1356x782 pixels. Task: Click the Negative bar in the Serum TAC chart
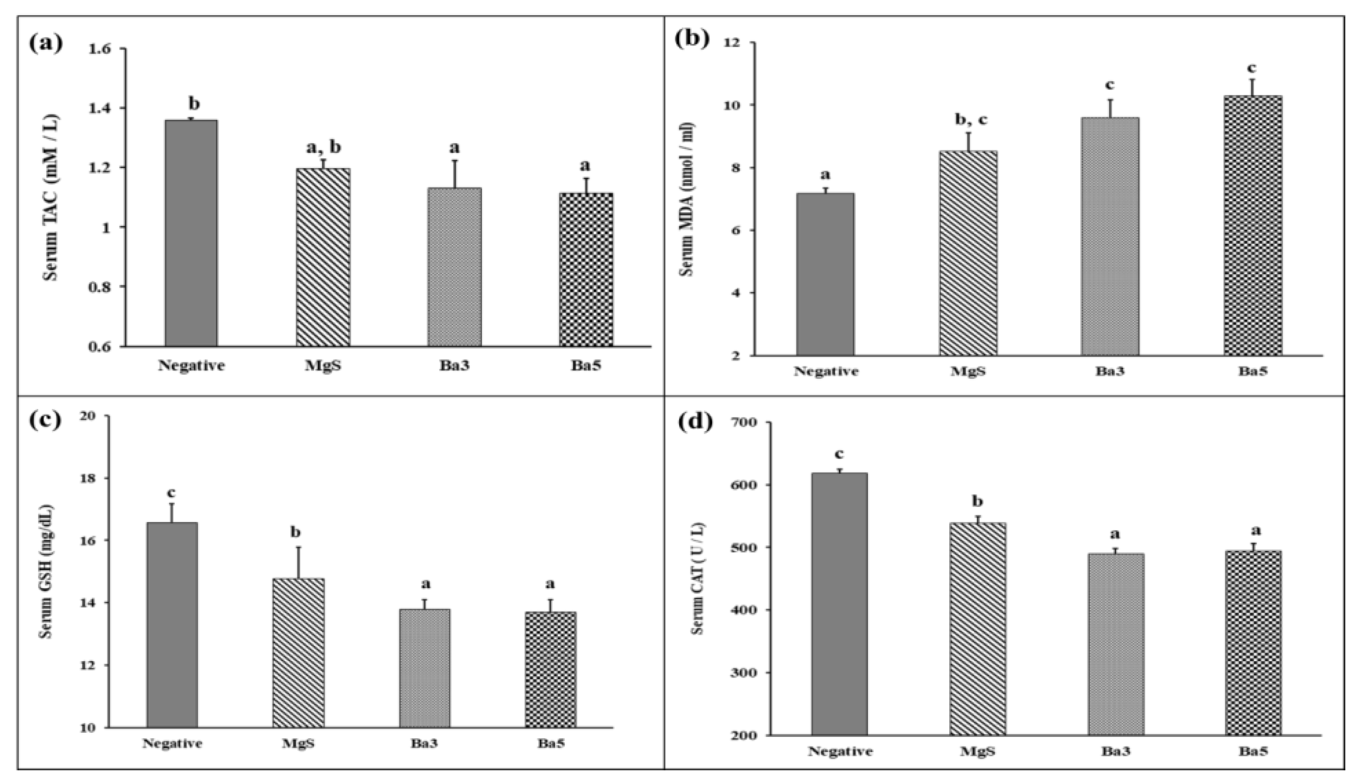(x=191, y=233)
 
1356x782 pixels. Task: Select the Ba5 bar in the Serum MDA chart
(x=1253, y=225)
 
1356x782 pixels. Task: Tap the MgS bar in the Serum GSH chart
(x=299, y=653)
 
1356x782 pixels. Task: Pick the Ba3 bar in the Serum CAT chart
(x=1116, y=644)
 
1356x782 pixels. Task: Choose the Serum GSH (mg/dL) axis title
(x=47, y=570)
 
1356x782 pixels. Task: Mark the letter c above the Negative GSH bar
(x=171, y=493)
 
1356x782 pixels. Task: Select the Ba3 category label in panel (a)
(x=455, y=366)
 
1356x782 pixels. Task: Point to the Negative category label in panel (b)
(x=826, y=372)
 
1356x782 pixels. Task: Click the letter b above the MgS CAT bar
(x=978, y=502)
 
